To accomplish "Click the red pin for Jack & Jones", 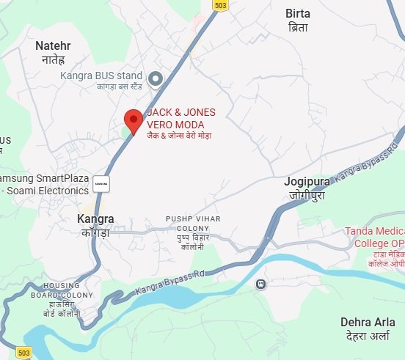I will [x=133, y=120].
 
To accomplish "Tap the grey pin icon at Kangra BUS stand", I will [x=156, y=78].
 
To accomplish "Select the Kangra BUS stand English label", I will [x=102, y=74].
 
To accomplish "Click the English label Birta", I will [x=297, y=13].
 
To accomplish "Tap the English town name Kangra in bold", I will [x=95, y=218].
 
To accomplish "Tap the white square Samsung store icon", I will [x=101, y=184].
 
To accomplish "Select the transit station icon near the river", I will [x=260, y=283].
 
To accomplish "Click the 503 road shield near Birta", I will [x=220, y=5].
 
